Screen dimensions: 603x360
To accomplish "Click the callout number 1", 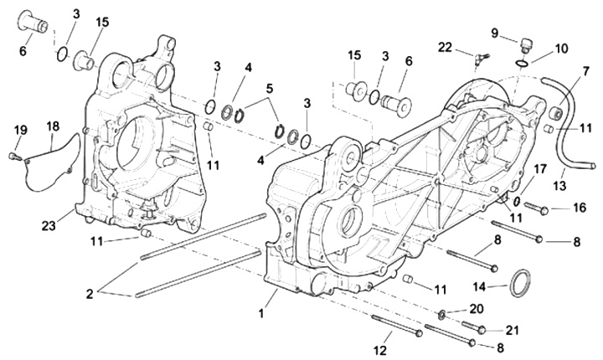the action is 261,313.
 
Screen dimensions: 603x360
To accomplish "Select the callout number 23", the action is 49,226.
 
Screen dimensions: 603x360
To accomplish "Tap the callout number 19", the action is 21,130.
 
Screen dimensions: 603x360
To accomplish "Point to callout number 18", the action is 53,126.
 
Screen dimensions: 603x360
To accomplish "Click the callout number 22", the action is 446,48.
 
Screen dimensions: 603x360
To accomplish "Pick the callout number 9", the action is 495,33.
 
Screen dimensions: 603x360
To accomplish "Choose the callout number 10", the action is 561,49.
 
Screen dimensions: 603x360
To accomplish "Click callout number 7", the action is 585,72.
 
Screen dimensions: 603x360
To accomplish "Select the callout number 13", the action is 560,186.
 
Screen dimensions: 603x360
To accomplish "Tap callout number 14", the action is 480,286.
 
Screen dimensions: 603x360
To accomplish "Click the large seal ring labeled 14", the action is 519,284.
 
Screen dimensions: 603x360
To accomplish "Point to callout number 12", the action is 380,351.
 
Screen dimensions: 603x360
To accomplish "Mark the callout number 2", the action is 90,294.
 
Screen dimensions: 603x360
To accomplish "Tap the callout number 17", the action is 539,169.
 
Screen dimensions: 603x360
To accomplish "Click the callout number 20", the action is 477,309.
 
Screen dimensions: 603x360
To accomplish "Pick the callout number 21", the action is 512,330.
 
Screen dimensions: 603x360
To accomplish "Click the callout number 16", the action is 580,208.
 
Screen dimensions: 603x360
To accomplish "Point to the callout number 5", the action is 270,89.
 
